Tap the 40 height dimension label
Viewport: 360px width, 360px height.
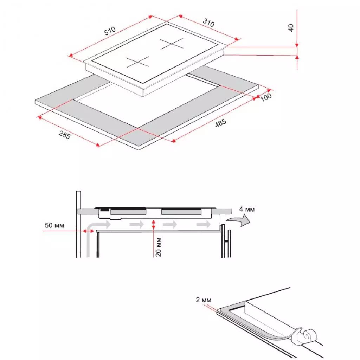(291, 28)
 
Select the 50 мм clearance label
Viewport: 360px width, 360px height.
(54, 225)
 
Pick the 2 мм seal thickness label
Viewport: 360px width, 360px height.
(204, 300)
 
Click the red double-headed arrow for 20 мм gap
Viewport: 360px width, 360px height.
(153, 224)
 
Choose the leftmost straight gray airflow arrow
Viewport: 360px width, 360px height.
(105, 224)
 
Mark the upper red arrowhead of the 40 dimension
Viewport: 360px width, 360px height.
(297, 45)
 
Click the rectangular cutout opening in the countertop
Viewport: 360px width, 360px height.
(148, 105)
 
